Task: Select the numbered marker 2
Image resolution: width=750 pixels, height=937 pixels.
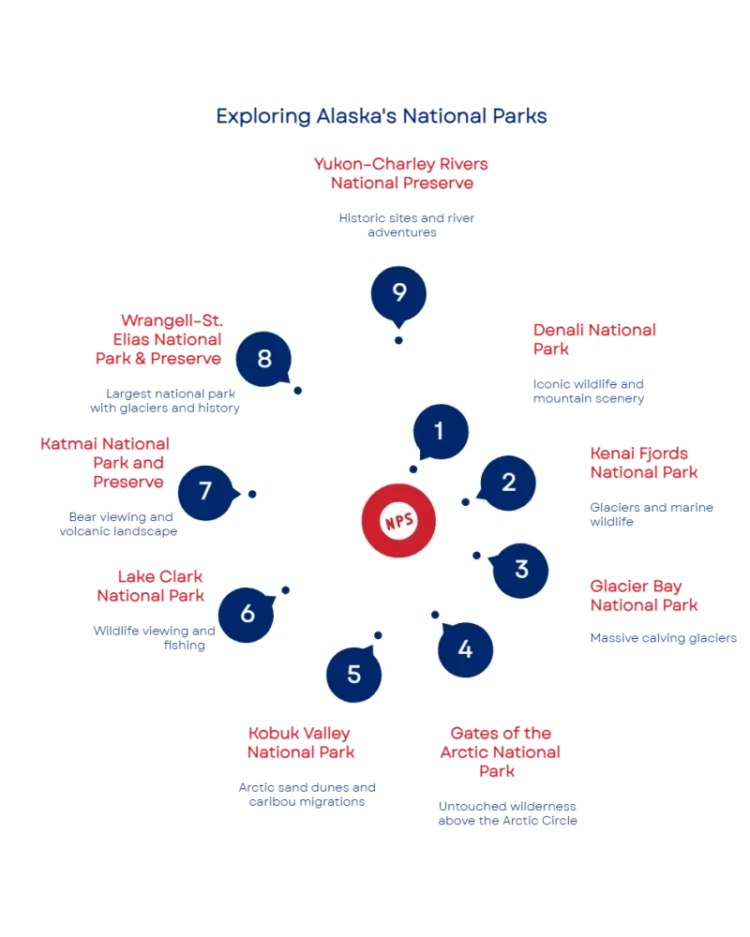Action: (508, 483)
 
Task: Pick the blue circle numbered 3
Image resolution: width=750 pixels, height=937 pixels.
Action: (521, 569)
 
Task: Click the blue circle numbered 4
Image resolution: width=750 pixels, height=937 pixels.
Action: (466, 647)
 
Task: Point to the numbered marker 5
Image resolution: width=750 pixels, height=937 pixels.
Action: (353, 674)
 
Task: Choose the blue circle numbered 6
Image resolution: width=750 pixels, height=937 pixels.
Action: (247, 614)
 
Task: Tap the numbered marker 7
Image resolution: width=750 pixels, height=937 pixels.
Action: (206, 492)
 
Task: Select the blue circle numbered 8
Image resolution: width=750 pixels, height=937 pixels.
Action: (264, 359)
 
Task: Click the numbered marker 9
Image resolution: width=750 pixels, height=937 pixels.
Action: (398, 293)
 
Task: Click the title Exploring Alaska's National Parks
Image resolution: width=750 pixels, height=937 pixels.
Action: (380, 116)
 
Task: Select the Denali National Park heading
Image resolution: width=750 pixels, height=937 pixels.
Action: (594, 340)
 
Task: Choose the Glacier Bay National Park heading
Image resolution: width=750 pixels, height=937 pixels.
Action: (645, 596)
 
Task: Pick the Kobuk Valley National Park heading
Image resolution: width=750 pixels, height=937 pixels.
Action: (302, 741)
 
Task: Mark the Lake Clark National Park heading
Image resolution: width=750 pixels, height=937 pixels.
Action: (150, 586)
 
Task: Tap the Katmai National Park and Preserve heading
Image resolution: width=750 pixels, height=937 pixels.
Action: (105, 463)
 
